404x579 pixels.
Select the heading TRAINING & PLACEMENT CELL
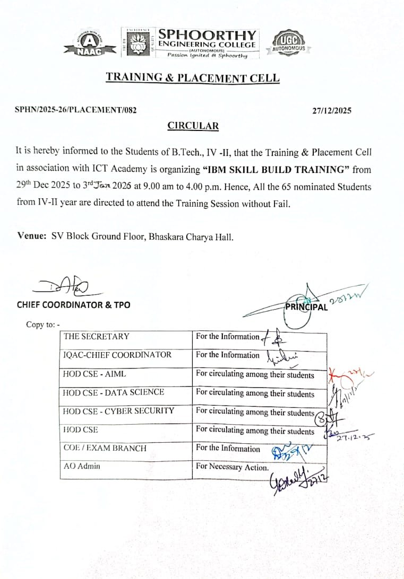[192, 77]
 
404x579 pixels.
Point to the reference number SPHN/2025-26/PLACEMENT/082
[76, 111]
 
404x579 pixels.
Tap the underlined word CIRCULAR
[193, 126]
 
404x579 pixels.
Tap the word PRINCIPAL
[306, 307]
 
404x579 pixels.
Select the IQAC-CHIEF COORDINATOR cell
[117, 355]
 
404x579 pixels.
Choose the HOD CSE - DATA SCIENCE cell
[113, 392]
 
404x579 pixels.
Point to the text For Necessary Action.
[232, 467]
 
